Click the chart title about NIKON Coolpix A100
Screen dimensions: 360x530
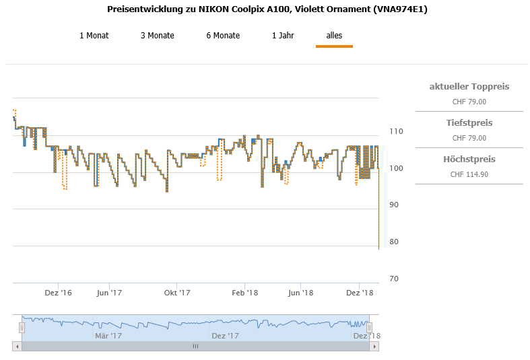coord(267,9)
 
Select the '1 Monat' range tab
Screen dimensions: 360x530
coord(94,36)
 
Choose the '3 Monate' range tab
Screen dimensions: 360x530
coord(158,36)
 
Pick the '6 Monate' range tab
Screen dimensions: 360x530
coord(223,36)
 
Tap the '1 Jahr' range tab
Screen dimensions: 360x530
coord(283,36)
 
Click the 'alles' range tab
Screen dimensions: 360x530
coord(334,36)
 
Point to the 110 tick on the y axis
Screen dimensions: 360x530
coord(396,131)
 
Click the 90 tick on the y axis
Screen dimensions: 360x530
coord(394,205)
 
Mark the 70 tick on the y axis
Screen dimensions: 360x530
coord(394,279)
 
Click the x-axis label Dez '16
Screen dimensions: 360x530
coord(58,293)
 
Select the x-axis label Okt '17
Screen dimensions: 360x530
coord(177,293)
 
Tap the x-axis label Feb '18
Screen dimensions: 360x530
coord(245,293)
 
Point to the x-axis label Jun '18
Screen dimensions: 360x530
coord(300,293)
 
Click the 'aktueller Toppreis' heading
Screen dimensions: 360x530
coord(469,87)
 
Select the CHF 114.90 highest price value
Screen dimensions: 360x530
coord(469,174)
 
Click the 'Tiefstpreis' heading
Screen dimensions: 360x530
coord(469,123)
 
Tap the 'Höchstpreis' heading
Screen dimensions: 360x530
coord(469,159)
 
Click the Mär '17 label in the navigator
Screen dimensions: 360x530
coord(108,336)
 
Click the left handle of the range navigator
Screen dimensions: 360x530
coord(22,327)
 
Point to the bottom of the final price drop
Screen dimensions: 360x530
coord(378,249)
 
